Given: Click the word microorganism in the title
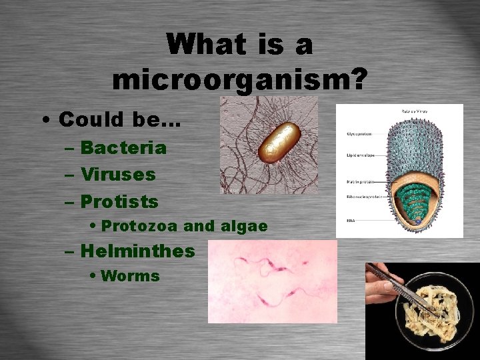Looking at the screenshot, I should pyautogui.click(x=239, y=81).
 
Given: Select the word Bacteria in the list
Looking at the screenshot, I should pyautogui.click(x=123, y=147).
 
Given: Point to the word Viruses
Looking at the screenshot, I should pyautogui.click(x=118, y=175).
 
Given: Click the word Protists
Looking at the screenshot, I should pyautogui.click(x=119, y=201).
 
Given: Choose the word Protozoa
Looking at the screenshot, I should pyautogui.click(x=140, y=227).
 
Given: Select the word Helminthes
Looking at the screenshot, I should pyautogui.click(x=137, y=251).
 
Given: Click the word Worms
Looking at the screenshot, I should pyautogui.click(x=130, y=276).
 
